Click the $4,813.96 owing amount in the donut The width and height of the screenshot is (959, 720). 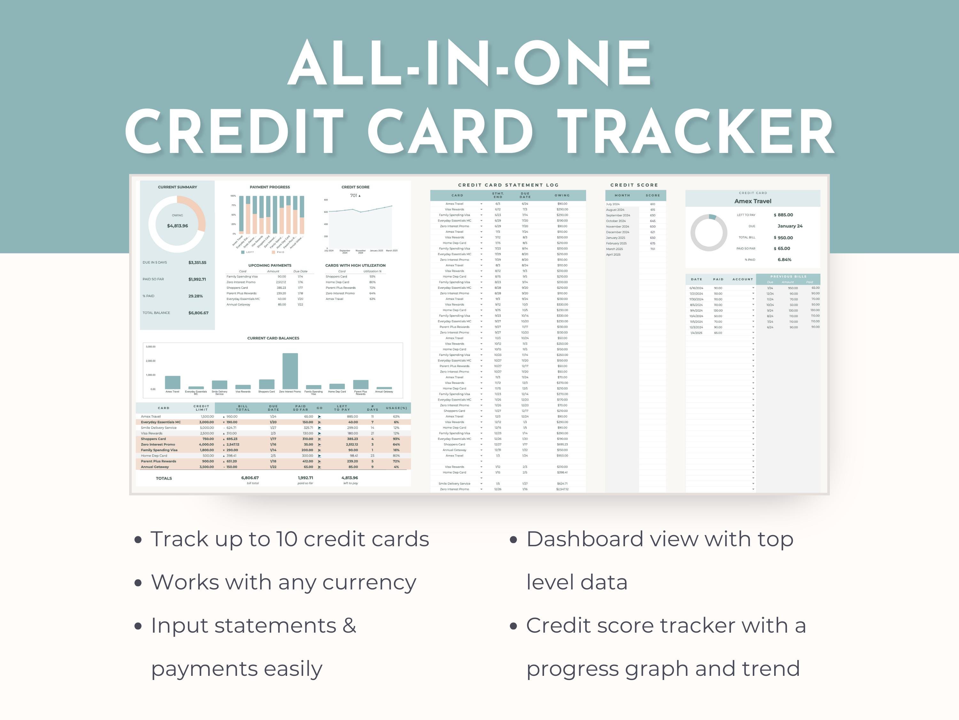pyautogui.click(x=177, y=226)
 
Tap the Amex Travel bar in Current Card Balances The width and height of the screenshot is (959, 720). pyautogui.click(x=173, y=382)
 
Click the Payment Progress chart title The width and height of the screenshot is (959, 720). pyautogui.click(x=270, y=187)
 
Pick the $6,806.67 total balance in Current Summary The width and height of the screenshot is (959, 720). pyautogui.click(x=198, y=313)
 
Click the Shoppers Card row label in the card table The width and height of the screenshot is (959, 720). pyautogui.click(x=153, y=439)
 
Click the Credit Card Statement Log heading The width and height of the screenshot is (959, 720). pyautogui.click(x=508, y=185)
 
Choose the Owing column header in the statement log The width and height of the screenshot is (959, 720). pyautogui.click(x=562, y=195)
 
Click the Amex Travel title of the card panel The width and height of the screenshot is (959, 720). pyautogui.click(x=752, y=201)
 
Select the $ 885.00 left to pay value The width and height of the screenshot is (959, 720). pyautogui.click(x=784, y=215)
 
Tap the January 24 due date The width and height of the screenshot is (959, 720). pyautogui.click(x=790, y=226)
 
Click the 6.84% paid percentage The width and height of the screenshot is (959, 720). pyautogui.click(x=784, y=260)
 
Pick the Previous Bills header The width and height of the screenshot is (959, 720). pyautogui.click(x=788, y=276)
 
